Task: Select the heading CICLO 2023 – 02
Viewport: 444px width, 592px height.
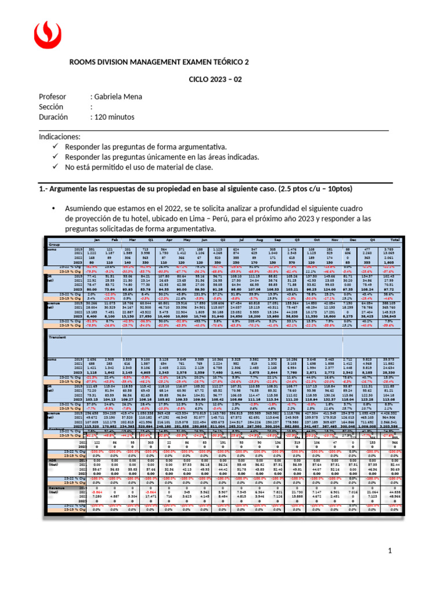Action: (217, 80)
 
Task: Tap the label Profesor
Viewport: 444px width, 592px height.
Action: (53, 97)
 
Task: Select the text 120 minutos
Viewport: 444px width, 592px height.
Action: (115, 116)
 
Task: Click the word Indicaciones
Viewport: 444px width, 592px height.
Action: (59, 138)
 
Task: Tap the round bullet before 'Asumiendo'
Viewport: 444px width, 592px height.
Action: (53, 208)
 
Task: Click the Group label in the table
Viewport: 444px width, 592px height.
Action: (55, 245)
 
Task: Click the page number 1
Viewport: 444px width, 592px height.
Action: (391, 552)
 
